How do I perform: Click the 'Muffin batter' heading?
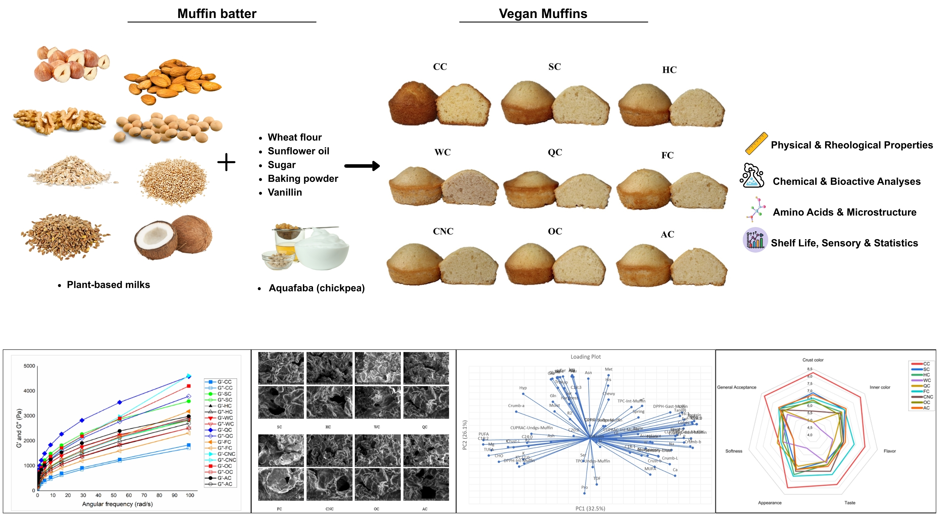pos(217,14)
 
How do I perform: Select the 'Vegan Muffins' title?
pos(543,14)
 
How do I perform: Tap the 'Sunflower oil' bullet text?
pos(298,151)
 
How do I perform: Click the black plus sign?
pos(226,162)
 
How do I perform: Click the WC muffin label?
pos(442,152)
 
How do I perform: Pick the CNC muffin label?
pos(443,232)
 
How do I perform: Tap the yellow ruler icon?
pos(756,143)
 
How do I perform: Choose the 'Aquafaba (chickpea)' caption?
pos(317,288)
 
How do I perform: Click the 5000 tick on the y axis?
pos(29,366)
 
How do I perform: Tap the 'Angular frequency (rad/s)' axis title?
pos(117,504)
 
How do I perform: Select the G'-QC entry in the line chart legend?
pos(224,430)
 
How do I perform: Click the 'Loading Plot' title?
pos(585,357)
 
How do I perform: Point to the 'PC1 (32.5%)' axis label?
pos(590,508)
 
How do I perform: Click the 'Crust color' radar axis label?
pos(813,360)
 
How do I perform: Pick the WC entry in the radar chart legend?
pos(926,380)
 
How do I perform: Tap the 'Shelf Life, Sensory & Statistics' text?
pos(844,243)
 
